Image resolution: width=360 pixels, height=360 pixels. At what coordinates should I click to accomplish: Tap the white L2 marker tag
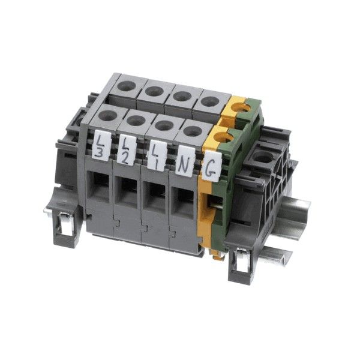pyautogui.click(x=128, y=148)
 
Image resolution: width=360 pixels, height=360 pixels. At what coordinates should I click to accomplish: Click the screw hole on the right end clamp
pyautogui.click(x=263, y=158)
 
